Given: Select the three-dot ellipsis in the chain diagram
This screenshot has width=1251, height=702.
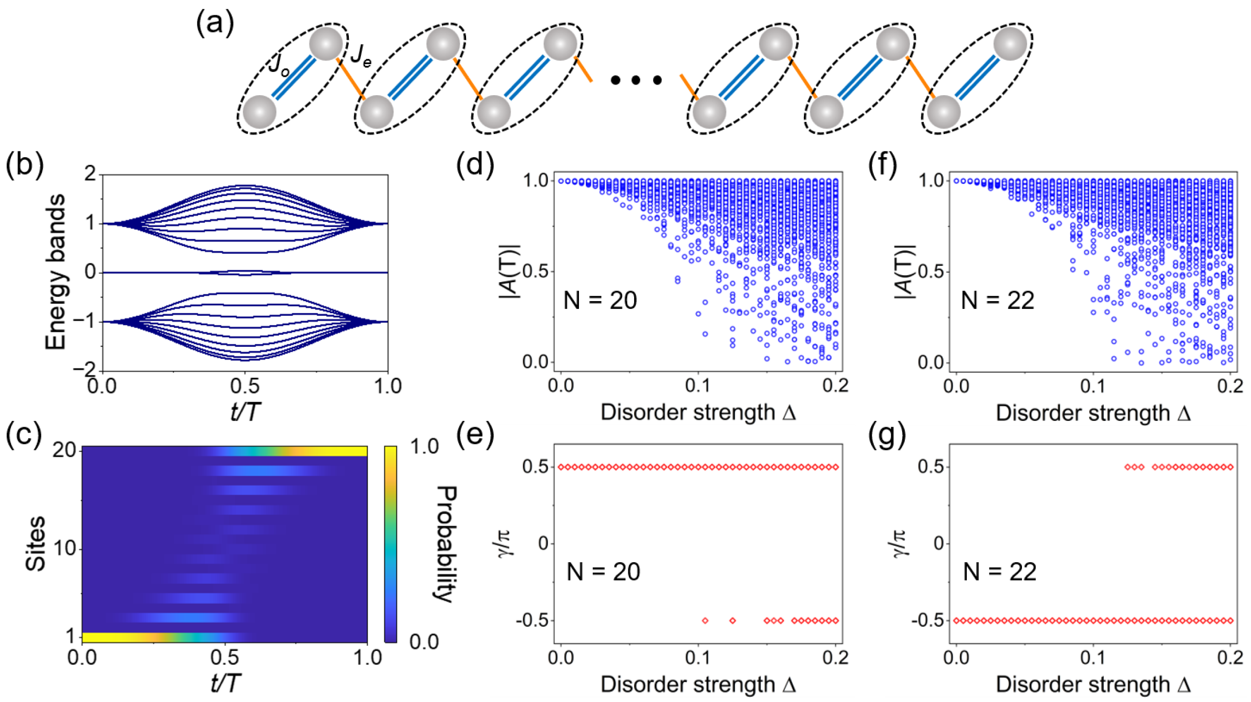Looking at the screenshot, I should (636, 80).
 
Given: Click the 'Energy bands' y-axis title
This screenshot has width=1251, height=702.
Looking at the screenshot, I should (56, 272).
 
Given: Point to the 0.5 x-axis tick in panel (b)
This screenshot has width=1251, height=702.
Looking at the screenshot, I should (245, 387).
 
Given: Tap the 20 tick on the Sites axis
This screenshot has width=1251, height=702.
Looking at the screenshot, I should (64, 450).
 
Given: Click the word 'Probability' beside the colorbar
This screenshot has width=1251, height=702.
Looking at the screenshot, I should (446, 543).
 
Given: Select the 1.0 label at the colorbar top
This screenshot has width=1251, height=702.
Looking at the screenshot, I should (425, 447).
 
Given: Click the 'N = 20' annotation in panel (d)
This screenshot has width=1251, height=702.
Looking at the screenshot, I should (600, 301).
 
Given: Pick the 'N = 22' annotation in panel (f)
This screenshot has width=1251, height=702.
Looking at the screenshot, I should (997, 301).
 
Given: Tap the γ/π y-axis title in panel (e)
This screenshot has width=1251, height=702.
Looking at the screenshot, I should (506, 543).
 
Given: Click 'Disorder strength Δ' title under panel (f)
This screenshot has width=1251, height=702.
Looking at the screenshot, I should (1093, 413).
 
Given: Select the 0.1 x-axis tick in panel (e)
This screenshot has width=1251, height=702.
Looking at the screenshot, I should (698, 658).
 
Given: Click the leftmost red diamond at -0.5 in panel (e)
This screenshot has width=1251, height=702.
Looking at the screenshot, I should (705, 621).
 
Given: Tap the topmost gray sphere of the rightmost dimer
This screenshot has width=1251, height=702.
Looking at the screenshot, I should (1010, 44).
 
